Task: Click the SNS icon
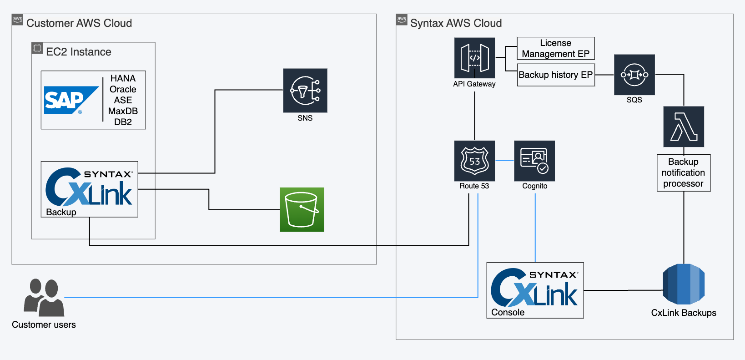pos(305,91)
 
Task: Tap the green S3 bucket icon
pos(302,209)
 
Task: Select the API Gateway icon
pos(474,58)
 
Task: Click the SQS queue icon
pos(634,75)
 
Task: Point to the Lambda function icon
pos(683,127)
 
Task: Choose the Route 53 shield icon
pos(474,161)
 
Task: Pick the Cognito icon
pos(534,161)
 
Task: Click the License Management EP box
pos(555,48)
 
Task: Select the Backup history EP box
pos(555,75)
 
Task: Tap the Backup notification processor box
pos(683,173)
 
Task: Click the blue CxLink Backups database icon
pos(683,284)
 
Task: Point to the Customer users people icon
pos(44,298)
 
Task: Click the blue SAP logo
pos(71,100)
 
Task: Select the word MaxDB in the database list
pos(123,111)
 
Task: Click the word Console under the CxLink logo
pos(508,312)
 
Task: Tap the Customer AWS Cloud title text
pos(79,23)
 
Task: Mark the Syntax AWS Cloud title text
pos(456,23)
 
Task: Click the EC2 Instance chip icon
pos(37,48)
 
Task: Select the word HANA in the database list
pos(123,78)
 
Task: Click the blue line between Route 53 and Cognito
pos(504,161)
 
